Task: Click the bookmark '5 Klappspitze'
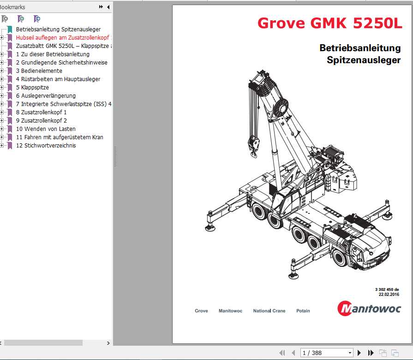click(32, 88)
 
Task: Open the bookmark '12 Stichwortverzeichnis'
click(46, 146)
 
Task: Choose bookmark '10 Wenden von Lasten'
click(46, 129)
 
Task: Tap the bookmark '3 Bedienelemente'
click(39, 71)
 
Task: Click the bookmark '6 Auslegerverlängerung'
click(46, 96)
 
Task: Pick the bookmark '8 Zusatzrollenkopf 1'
click(41, 112)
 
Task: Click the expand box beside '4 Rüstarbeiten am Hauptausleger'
click(2, 79)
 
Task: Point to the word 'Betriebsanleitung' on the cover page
click(360, 48)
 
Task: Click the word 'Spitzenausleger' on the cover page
click(364, 60)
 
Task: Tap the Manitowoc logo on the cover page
click(369, 308)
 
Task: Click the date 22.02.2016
click(389, 295)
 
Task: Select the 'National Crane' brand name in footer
click(269, 311)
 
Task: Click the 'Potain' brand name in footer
click(303, 311)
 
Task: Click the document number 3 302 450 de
click(387, 289)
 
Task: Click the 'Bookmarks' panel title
click(12, 7)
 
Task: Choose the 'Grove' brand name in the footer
click(201, 311)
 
